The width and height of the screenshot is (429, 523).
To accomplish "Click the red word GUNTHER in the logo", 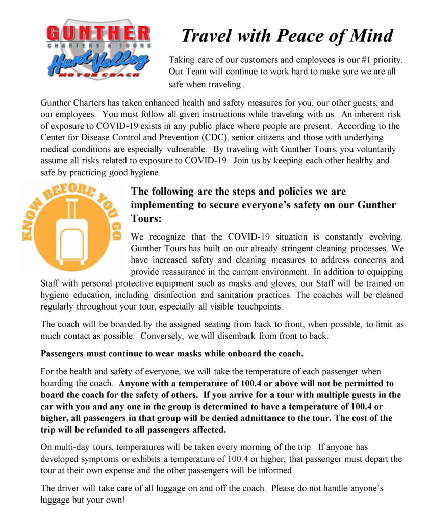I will (x=98, y=34).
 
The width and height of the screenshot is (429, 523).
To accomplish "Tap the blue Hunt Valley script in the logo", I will (x=98, y=62).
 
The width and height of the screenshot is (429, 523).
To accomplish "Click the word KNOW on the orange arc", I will (x=31, y=230).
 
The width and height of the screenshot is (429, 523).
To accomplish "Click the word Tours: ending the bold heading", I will (x=146, y=218).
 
